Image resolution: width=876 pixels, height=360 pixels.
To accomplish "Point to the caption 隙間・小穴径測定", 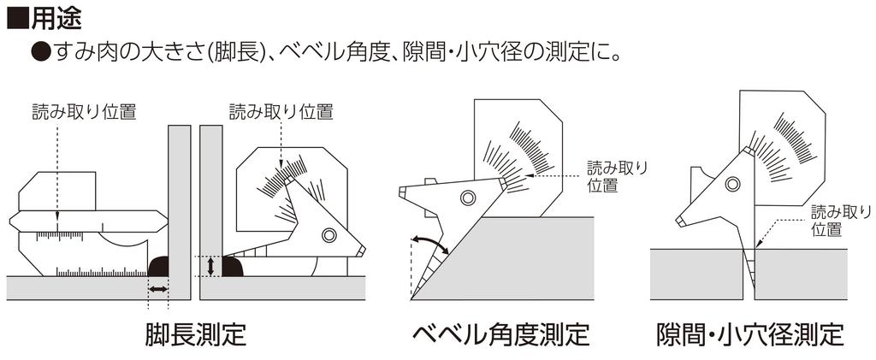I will (749, 333).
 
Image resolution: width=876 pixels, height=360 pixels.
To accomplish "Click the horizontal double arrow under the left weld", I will (158, 291).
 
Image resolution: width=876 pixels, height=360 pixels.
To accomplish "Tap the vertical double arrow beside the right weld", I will (210, 266).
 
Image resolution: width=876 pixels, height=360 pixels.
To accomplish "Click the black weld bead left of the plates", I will (159, 266).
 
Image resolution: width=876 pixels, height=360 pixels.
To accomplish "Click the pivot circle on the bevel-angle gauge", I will (466, 198).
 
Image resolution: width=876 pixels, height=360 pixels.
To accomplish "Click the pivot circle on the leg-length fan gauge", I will (329, 235).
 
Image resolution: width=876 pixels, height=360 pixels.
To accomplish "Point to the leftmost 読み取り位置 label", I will (84, 110).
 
